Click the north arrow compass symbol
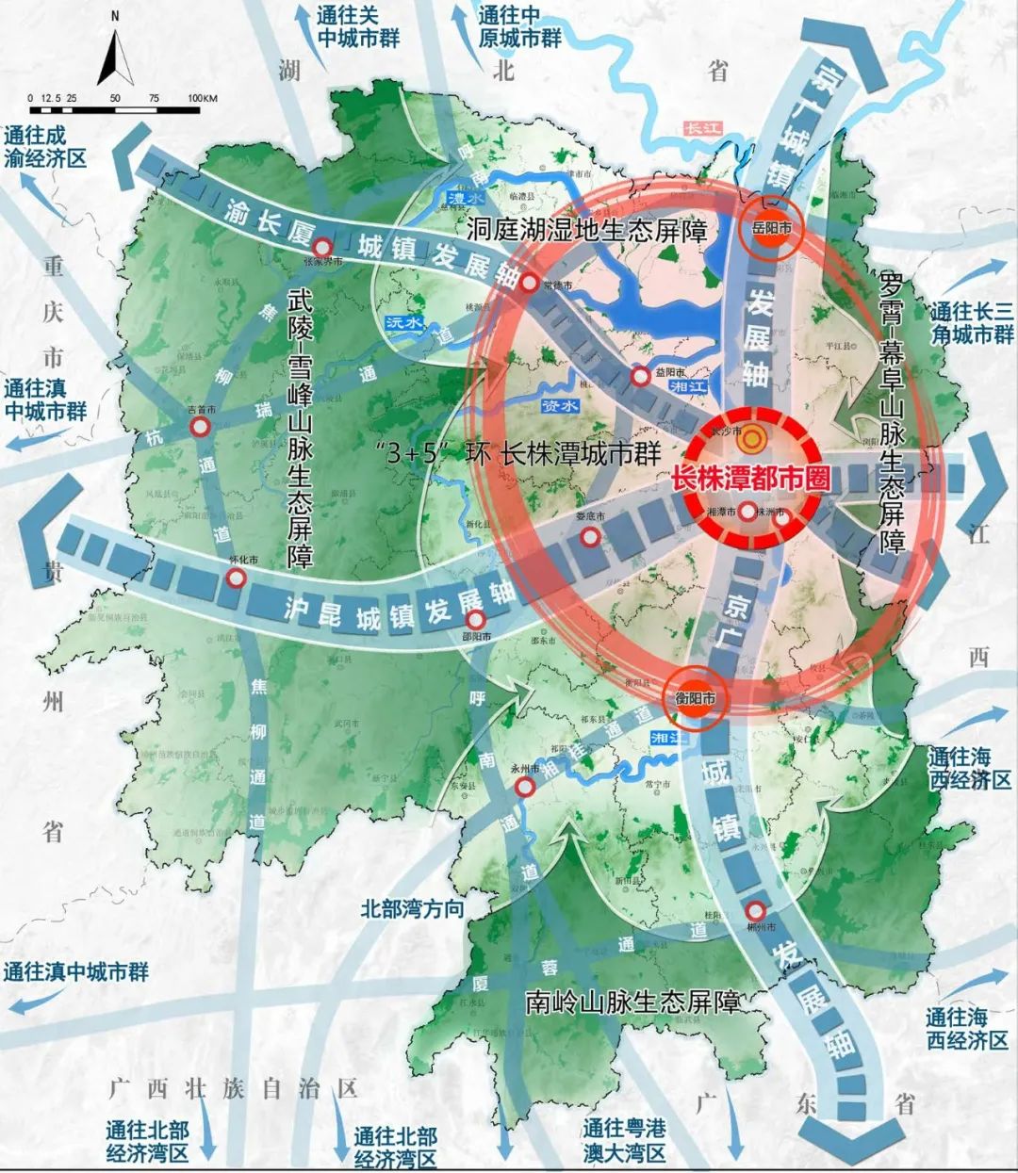click(x=114, y=57)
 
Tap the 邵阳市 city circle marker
click(x=476, y=620)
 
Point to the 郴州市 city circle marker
click(x=755, y=911)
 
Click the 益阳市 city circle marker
click(x=641, y=377)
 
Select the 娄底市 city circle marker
click(x=590, y=537)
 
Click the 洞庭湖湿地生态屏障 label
click(x=586, y=230)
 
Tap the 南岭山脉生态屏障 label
click(x=632, y=1002)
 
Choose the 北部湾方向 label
click(x=412, y=908)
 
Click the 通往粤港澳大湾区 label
click(x=624, y=1140)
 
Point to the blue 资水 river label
click(x=558, y=405)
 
